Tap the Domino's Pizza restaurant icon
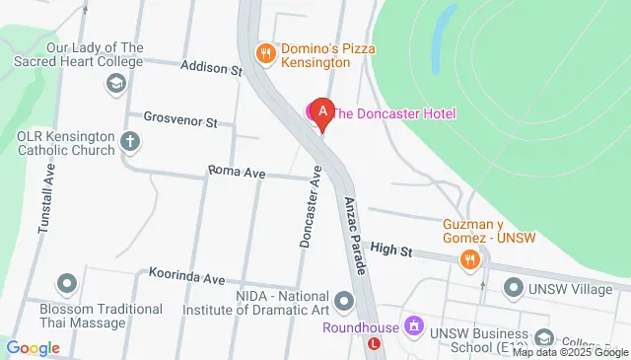[x=264, y=53]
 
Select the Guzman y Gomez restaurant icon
[x=469, y=259]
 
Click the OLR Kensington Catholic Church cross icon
[x=129, y=142]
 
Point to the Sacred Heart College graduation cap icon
[x=114, y=85]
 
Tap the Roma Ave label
[x=238, y=172]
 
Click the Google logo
[x=33, y=347]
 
